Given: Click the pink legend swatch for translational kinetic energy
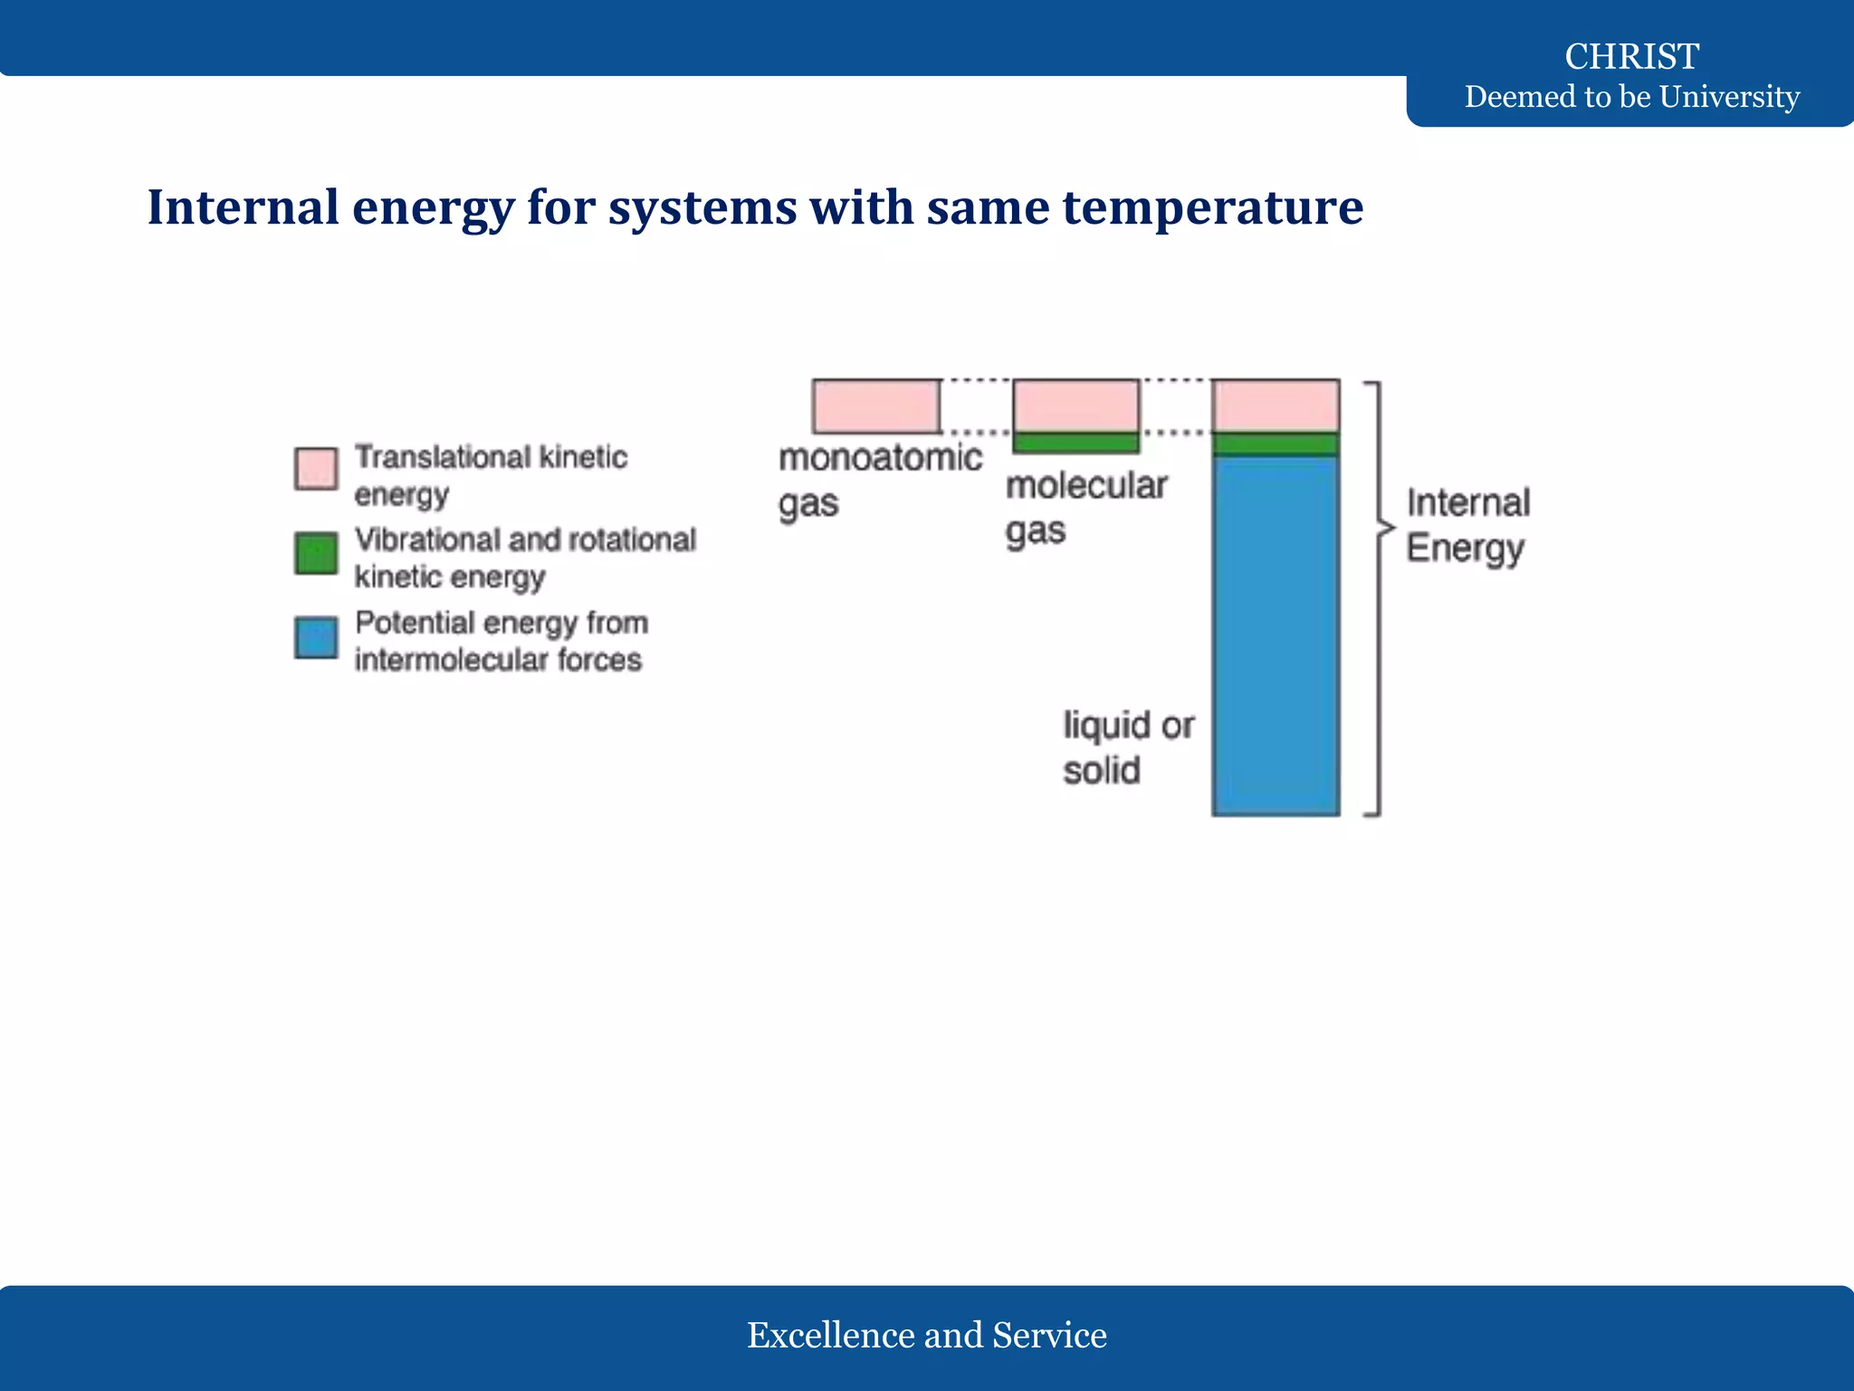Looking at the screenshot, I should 316,468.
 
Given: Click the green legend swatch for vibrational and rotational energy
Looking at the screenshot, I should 316,552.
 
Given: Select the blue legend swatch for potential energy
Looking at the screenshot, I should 316,637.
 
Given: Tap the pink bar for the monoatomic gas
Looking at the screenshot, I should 875,406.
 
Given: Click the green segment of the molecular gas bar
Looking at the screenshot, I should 1075,442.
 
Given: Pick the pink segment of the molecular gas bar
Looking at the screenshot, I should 1075,405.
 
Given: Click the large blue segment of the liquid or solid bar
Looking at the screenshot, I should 1276,634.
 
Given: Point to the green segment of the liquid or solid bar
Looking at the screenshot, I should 1276,444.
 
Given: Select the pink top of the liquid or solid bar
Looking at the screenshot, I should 1276,405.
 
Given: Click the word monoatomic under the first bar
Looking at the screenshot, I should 880,457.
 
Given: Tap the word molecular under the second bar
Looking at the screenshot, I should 1086,485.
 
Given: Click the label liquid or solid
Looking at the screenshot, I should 1127,747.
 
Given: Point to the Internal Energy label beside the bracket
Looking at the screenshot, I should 1467,525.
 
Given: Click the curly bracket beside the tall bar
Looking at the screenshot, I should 1378,598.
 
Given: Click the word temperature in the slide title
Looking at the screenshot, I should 1212,207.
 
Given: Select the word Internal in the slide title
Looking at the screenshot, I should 243,207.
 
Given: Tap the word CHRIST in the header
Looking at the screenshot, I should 1631,56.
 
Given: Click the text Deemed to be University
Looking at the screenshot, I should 1631,96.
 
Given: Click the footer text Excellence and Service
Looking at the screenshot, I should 926,1335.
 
